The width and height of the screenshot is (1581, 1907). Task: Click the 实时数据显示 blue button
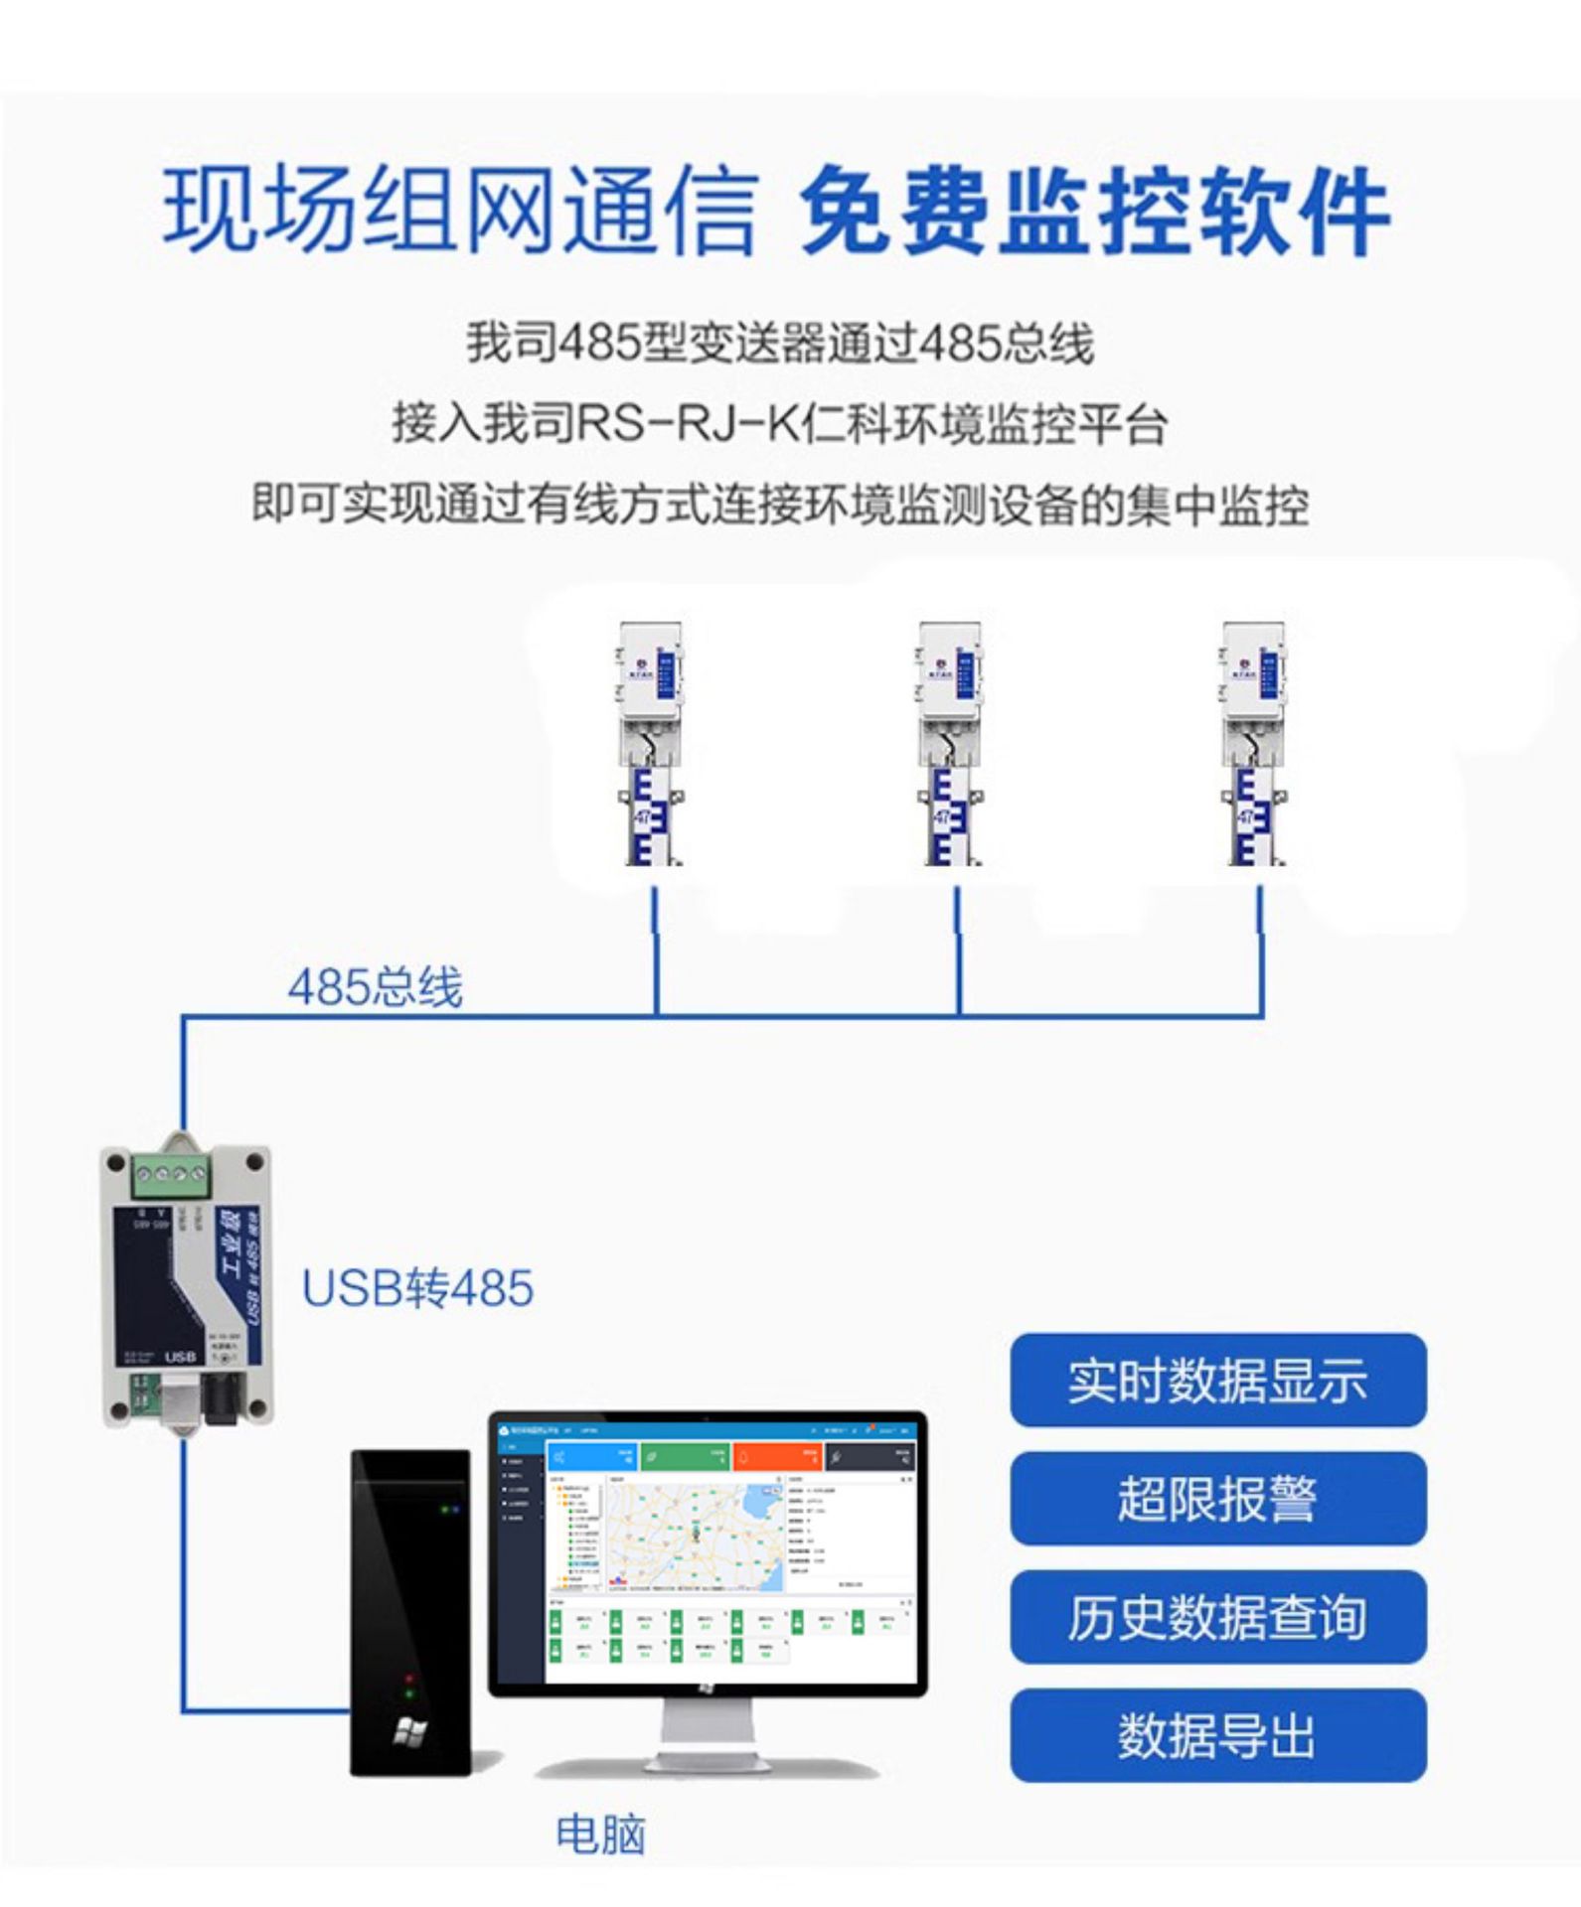click(x=1217, y=1381)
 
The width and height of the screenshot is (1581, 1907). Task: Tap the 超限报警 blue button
click(x=1217, y=1499)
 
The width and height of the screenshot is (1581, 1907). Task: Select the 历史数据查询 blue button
click(x=1217, y=1617)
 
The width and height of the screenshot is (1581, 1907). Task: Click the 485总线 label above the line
click(x=375, y=987)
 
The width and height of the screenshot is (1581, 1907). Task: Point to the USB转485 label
click(x=417, y=1288)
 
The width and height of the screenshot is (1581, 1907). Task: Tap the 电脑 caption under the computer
click(x=600, y=1834)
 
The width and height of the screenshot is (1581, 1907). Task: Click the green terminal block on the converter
click(x=172, y=1175)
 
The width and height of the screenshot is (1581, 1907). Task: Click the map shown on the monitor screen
click(x=694, y=1536)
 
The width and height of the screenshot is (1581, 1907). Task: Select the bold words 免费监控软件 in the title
click(x=1093, y=212)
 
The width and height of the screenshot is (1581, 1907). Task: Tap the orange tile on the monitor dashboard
click(x=776, y=1457)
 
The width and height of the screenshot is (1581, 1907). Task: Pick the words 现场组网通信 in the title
click(x=460, y=212)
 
